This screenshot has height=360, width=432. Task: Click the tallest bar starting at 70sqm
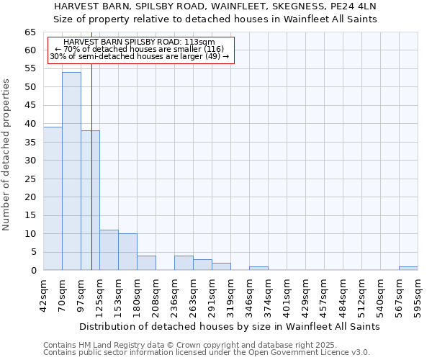[71, 171]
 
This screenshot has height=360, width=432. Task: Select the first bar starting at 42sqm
[53, 199]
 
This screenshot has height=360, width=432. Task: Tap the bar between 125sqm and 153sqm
[109, 250]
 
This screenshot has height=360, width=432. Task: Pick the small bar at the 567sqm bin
[408, 268]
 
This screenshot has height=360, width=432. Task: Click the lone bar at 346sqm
[258, 268]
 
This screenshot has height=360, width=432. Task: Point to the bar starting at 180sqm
[146, 263]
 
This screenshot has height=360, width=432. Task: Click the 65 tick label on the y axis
[30, 32]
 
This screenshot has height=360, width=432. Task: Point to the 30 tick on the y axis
[30, 161]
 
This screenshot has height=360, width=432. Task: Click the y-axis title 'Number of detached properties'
[7, 155]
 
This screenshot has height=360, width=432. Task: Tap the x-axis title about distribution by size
[229, 326]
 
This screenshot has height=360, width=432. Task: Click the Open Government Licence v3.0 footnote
[207, 352]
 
